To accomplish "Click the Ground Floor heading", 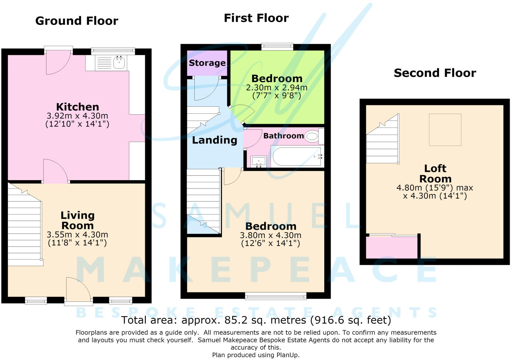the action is (77, 21).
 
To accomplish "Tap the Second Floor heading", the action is (435, 73).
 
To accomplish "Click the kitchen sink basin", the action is (119, 62).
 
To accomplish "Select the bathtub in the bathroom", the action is (297, 156).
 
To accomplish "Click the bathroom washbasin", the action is (258, 161).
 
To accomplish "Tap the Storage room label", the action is (207, 63).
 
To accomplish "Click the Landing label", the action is (214, 140).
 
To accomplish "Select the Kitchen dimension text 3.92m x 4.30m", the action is (77, 116).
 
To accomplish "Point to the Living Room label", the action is (78, 220).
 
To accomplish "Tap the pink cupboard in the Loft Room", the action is (392, 247).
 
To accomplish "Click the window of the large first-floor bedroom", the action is (275, 296).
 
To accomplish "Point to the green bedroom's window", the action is (277, 46).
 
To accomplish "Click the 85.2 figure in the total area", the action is (236, 320).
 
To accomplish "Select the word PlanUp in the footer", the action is (287, 355).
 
